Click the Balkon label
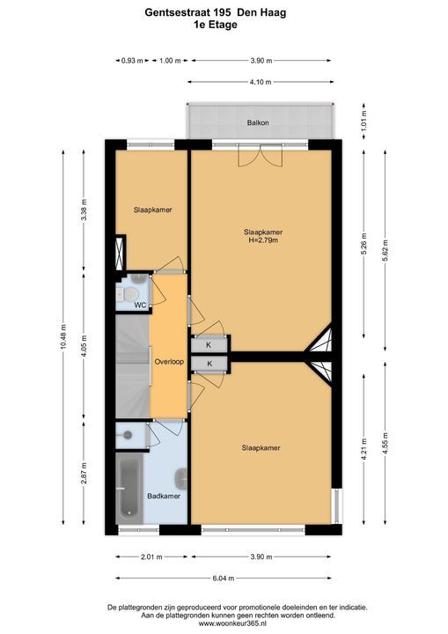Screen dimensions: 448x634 click(258, 122)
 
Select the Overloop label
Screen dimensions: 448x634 click(169, 362)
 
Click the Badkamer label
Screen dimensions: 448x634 click(164, 496)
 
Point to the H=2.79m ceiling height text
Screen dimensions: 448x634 click(263, 240)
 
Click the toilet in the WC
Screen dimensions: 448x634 click(128, 293)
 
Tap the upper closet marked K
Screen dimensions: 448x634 click(209, 344)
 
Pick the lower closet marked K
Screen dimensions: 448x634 click(209, 364)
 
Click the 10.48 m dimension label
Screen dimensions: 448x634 click(63, 338)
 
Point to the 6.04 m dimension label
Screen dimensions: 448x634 click(224, 579)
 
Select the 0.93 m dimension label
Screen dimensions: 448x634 click(132, 61)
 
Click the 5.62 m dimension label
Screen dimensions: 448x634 click(385, 251)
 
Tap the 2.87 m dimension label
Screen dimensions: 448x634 click(84, 473)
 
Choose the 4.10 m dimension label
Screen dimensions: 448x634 click(261, 82)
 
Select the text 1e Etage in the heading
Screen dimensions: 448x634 click(216, 25)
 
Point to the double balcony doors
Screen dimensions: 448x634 click(260, 155)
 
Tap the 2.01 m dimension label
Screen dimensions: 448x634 click(151, 557)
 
